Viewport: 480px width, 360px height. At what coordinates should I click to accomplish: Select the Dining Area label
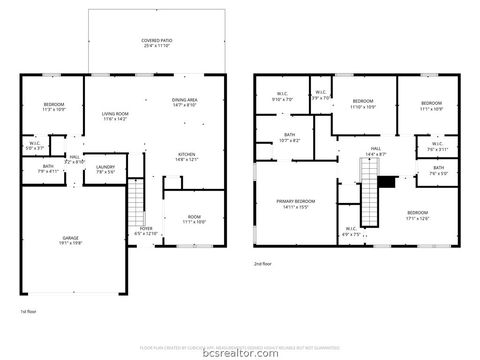click(185, 101)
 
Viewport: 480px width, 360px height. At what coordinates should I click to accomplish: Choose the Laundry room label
click(106, 169)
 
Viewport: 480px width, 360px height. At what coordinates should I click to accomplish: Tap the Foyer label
click(145, 232)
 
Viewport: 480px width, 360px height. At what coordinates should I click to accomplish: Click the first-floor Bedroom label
click(53, 108)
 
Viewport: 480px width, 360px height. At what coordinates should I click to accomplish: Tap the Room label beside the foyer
click(193, 220)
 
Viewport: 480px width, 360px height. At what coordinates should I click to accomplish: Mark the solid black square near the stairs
click(391, 182)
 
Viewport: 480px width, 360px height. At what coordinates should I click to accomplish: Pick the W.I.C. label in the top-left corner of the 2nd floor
click(279, 98)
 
